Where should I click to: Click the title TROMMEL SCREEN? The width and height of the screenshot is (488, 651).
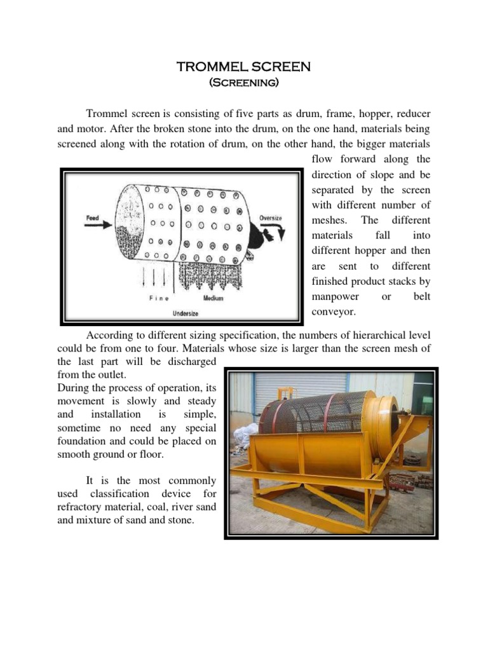click(243, 67)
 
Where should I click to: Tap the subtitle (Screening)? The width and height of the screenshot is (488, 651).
click(243, 83)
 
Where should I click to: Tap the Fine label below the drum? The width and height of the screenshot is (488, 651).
click(158, 298)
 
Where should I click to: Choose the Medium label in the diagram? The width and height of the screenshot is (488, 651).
click(213, 298)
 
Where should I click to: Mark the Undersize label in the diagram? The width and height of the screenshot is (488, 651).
click(186, 313)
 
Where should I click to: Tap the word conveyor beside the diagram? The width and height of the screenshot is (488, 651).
click(333, 312)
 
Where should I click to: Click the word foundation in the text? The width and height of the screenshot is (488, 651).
click(84, 442)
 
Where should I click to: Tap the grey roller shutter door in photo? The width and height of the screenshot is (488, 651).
click(299, 388)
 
